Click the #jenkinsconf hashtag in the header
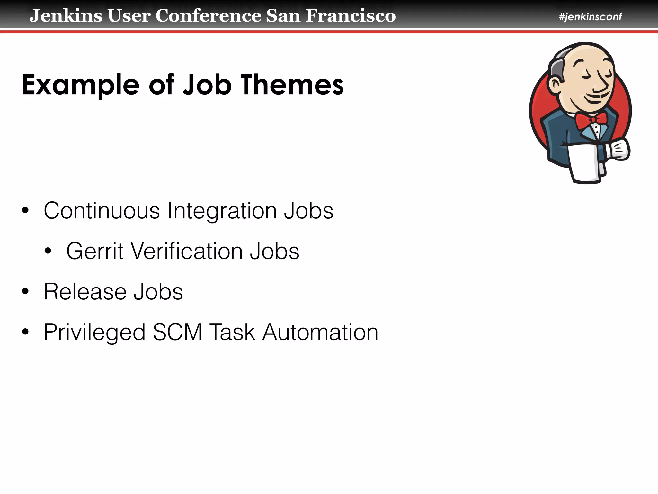(590, 16)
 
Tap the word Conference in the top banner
(208, 15)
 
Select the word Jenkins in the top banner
(66, 15)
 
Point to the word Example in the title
(80, 85)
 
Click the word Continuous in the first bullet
(102, 211)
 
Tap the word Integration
(222, 211)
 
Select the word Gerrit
(94, 251)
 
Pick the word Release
(85, 292)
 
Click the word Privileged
(94, 333)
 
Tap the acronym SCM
(177, 332)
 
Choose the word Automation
(320, 332)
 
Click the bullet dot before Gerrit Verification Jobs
(48, 251)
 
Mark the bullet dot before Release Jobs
(25, 292)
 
